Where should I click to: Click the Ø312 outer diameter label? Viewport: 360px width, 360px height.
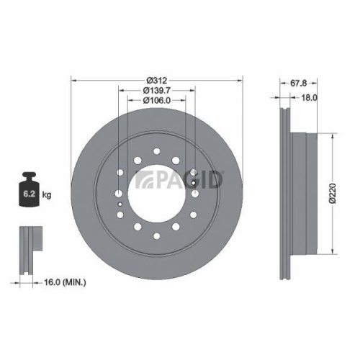156,80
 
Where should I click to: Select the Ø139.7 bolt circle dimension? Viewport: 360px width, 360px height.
156,90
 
